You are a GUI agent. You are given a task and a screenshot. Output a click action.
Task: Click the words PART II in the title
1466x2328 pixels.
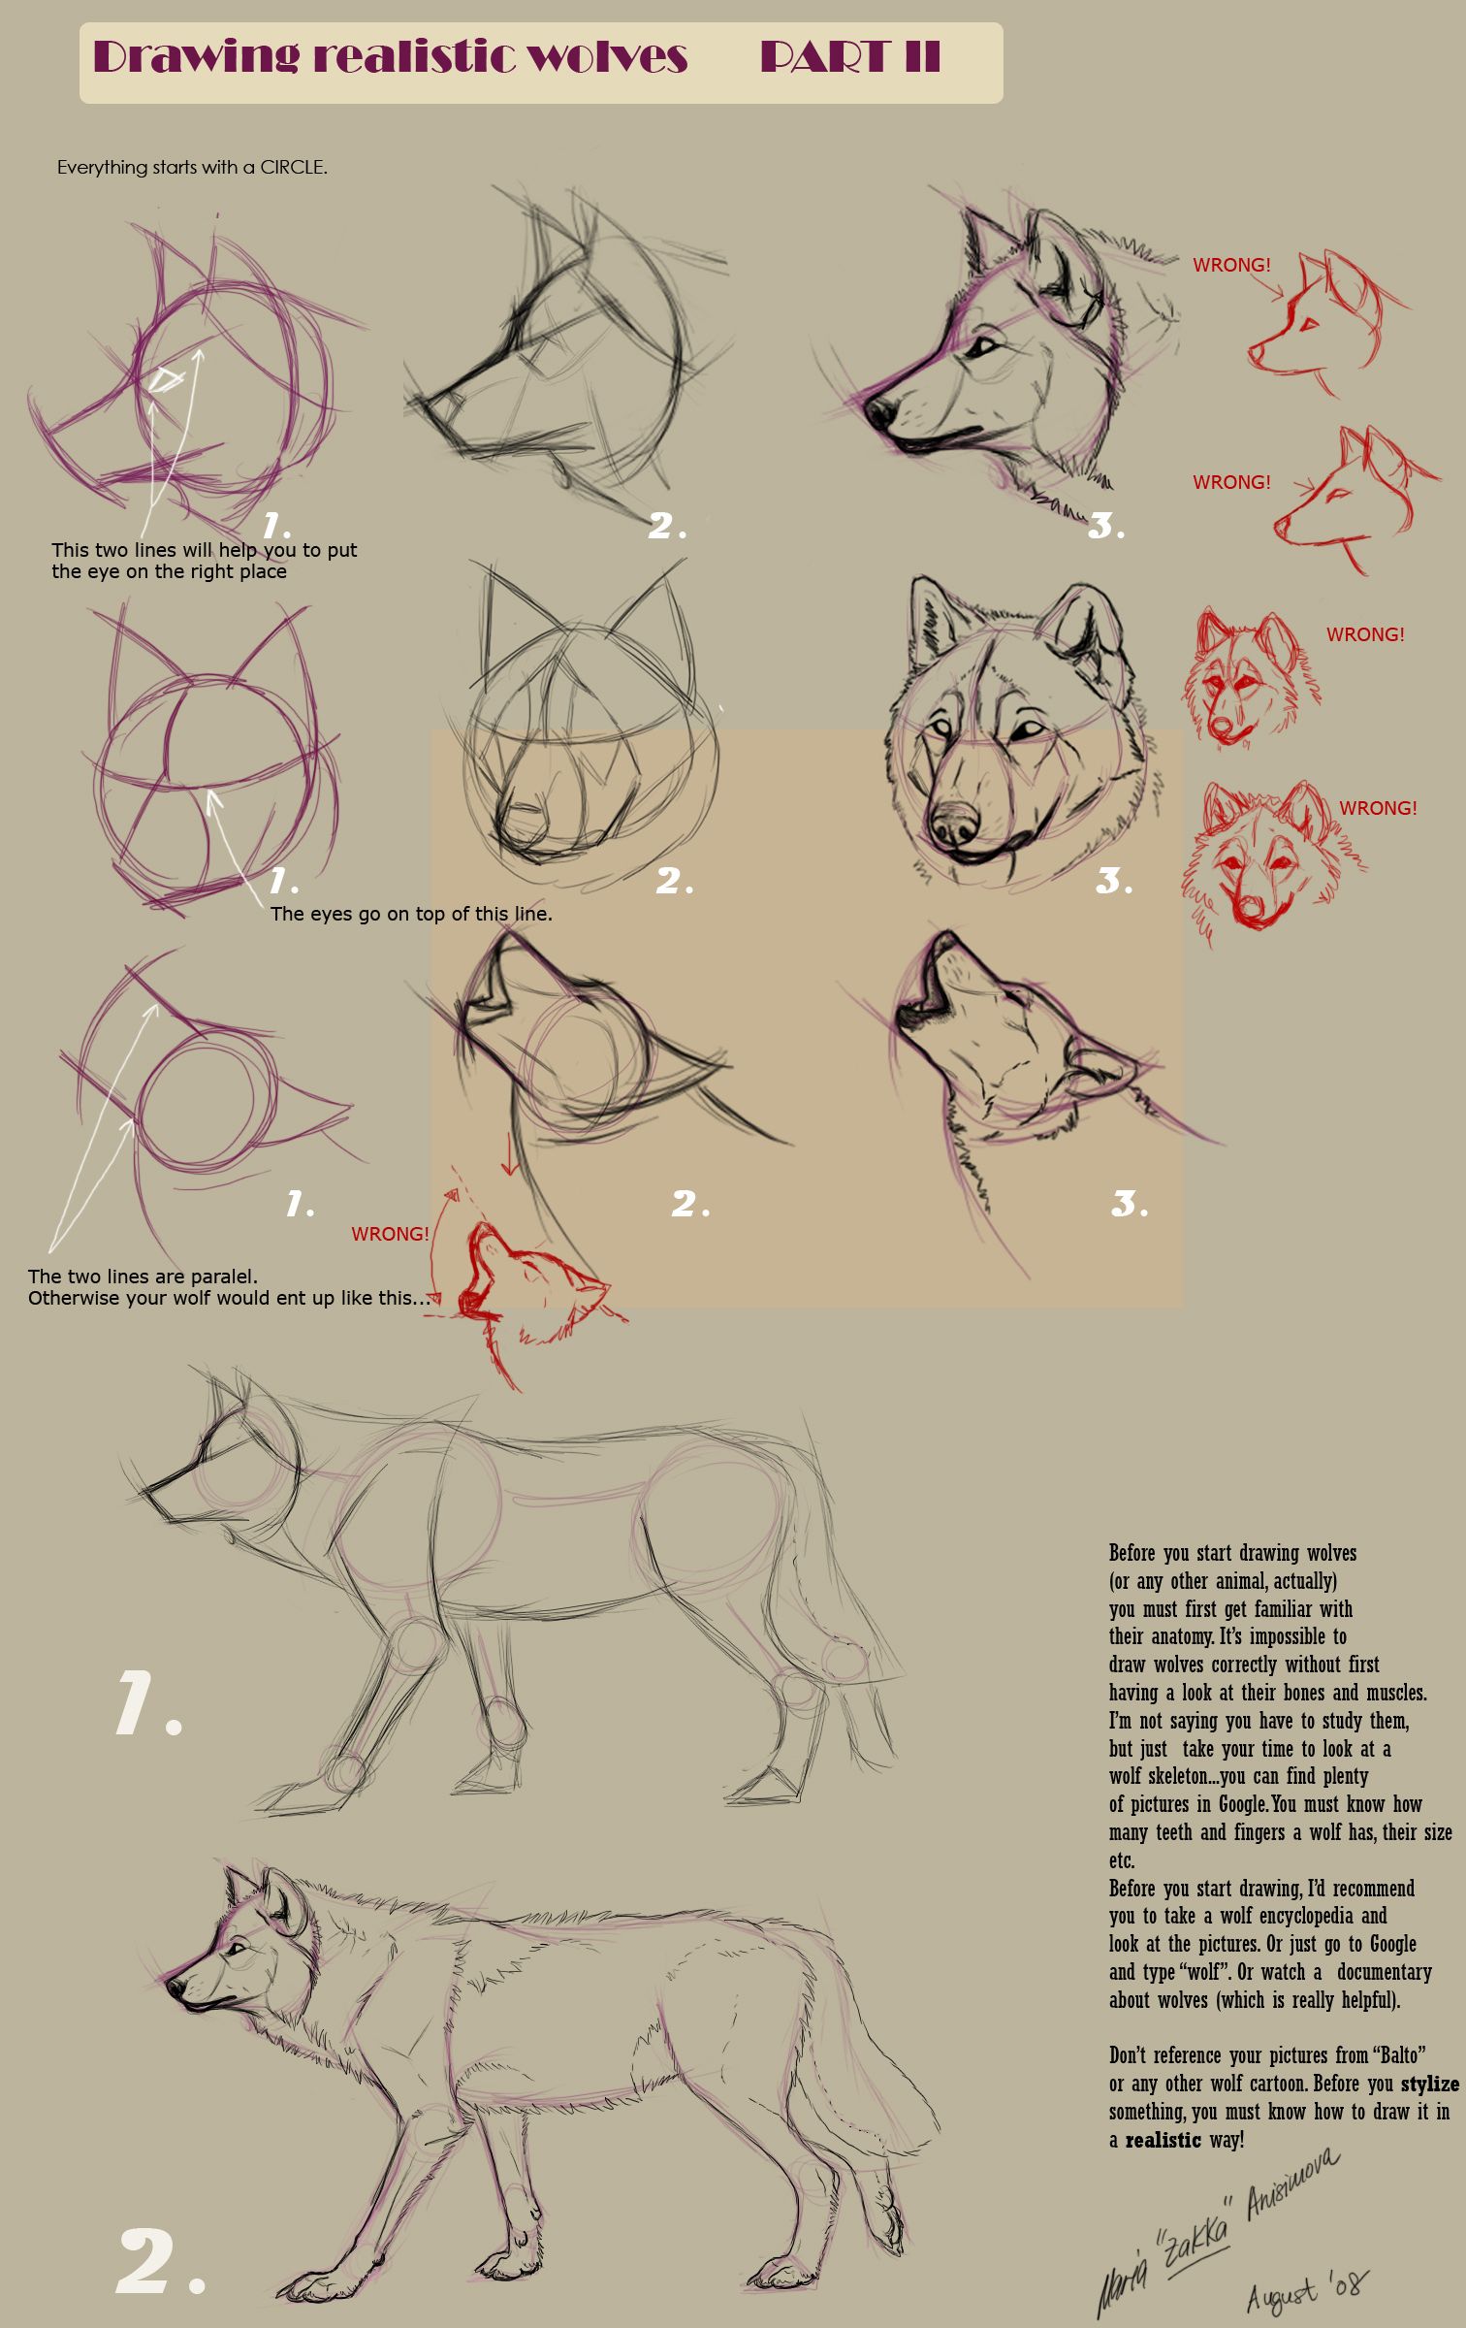click(849, 57)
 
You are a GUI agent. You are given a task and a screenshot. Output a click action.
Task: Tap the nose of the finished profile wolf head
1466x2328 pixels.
click(879, 412)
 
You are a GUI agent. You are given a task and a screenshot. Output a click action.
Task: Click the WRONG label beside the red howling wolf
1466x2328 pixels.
click(390, 1234)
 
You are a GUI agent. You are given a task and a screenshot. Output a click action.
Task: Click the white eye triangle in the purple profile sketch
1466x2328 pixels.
click(167, 378)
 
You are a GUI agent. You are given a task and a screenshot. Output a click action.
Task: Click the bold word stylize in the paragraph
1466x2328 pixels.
click(1429, 2084)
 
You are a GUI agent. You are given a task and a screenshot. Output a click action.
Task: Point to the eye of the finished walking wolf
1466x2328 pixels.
click(236, 1946)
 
